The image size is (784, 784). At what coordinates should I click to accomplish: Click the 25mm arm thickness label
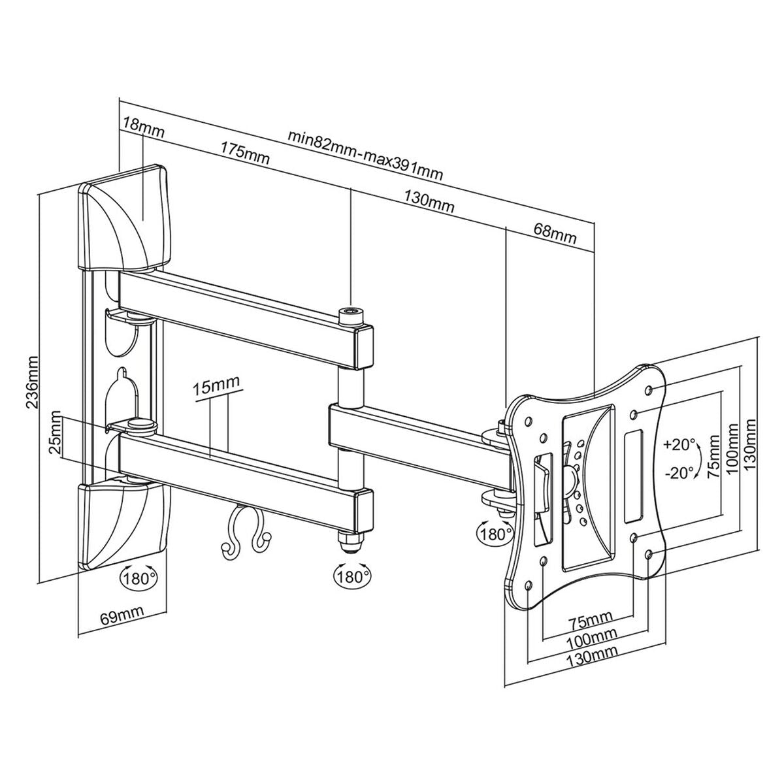tap(56, 437)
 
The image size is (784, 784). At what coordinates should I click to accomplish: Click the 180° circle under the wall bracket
tap(139, 577)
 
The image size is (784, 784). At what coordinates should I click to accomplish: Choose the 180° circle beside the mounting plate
tap(495, 532)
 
